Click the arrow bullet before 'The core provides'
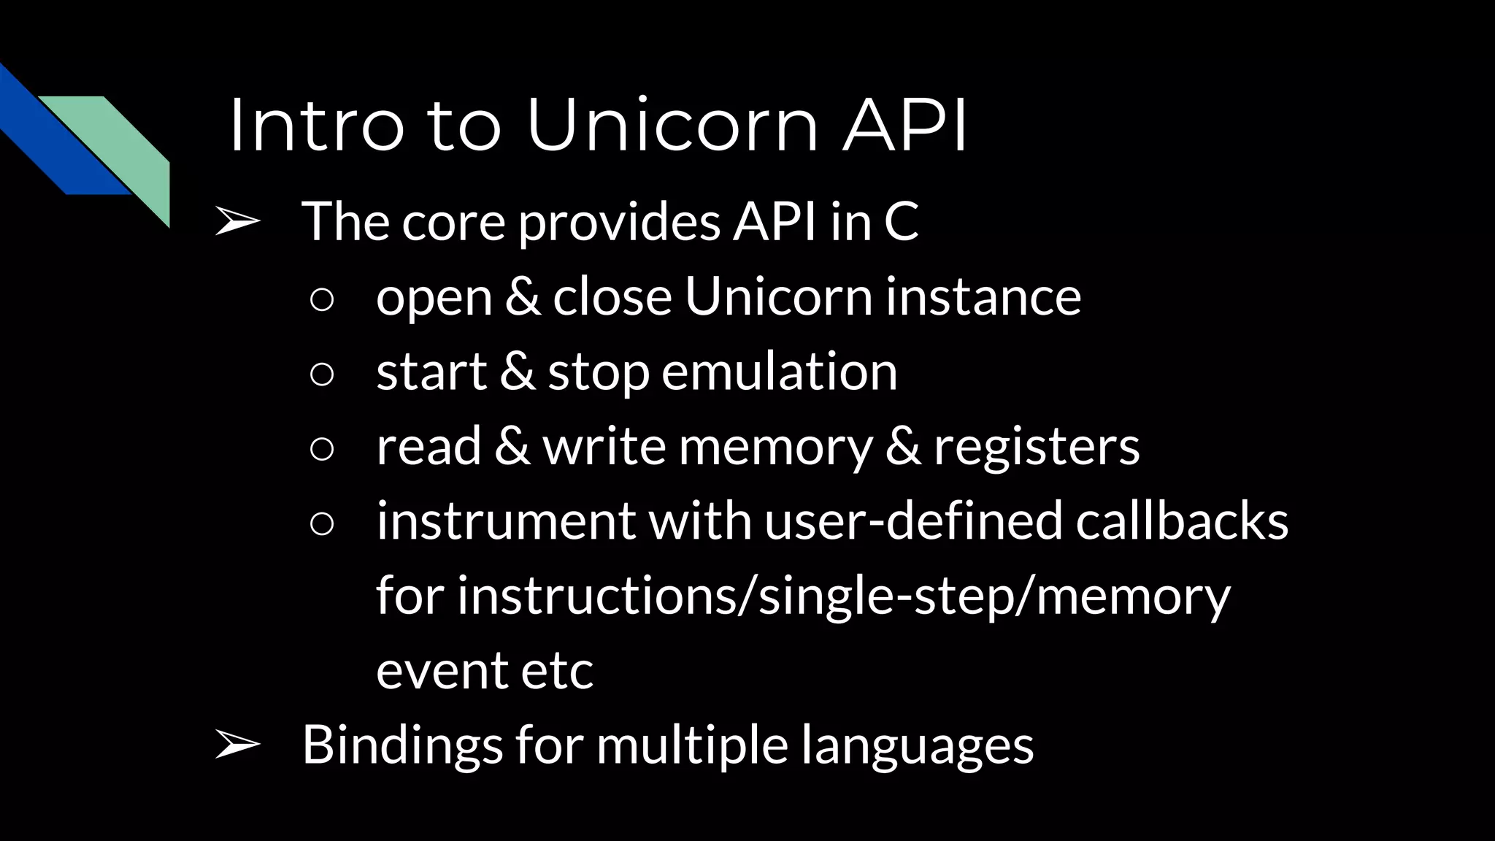[238, 223]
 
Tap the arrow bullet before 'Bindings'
[238, 745]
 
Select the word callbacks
[1182, 521]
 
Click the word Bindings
[402, 745]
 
